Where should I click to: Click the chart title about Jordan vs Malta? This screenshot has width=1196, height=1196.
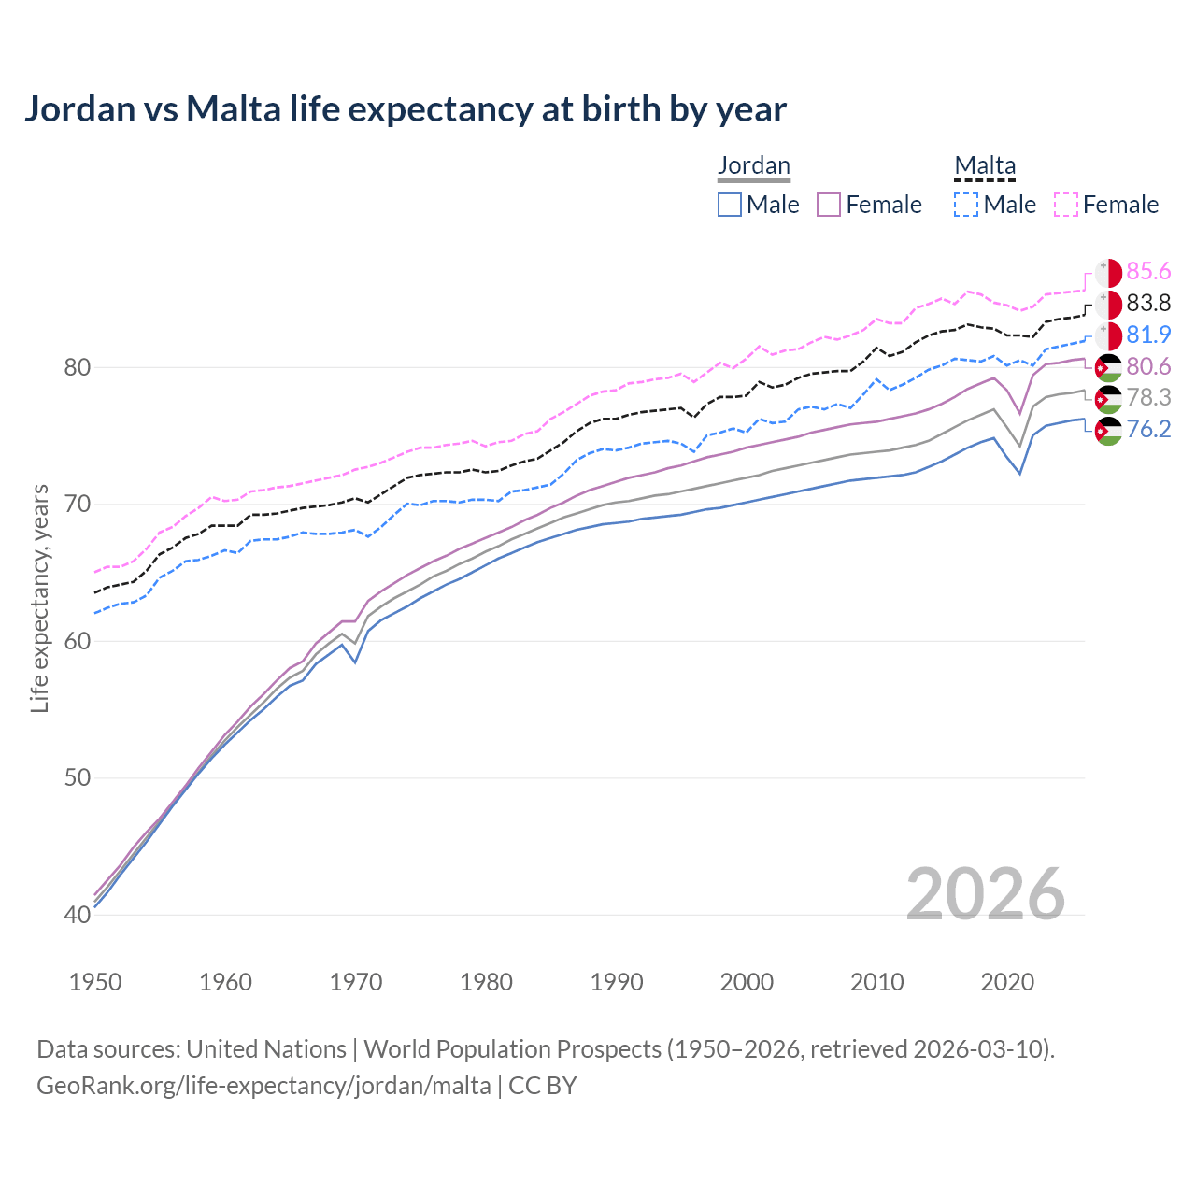click(405, 109)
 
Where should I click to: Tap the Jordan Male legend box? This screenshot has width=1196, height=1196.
click(730, 205)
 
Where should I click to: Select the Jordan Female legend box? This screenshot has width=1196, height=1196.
click(830, 205)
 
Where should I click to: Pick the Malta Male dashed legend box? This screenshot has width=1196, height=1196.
click(967, 205)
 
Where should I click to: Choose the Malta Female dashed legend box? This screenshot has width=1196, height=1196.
click(1066, 205)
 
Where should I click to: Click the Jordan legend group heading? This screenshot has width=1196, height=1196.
click(753, 165)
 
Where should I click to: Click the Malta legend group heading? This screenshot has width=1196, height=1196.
click(984, 165)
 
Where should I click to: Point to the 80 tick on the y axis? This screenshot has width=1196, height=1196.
click(77, 367)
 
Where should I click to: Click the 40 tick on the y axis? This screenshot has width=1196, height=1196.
click(77, 915)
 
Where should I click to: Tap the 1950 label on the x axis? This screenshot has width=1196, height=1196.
click(95, 982)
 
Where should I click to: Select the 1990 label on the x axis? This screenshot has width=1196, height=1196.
click(617, 982)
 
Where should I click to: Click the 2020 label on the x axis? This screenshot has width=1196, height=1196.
click(1007, 982)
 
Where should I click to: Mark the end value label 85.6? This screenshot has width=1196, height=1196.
click(1148, 271)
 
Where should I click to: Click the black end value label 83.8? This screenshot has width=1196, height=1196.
click(1148, 303)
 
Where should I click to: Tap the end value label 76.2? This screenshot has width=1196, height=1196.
click(1148, 429)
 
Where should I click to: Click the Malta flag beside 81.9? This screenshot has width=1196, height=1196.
click(1108, 335)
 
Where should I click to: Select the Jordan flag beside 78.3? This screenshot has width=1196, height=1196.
click(1108, 398)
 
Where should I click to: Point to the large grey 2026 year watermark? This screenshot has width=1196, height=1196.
click(986, 894)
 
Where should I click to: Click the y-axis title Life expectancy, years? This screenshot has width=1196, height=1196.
click(40, 598)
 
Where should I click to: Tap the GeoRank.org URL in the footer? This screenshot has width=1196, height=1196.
click(263, 1086)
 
